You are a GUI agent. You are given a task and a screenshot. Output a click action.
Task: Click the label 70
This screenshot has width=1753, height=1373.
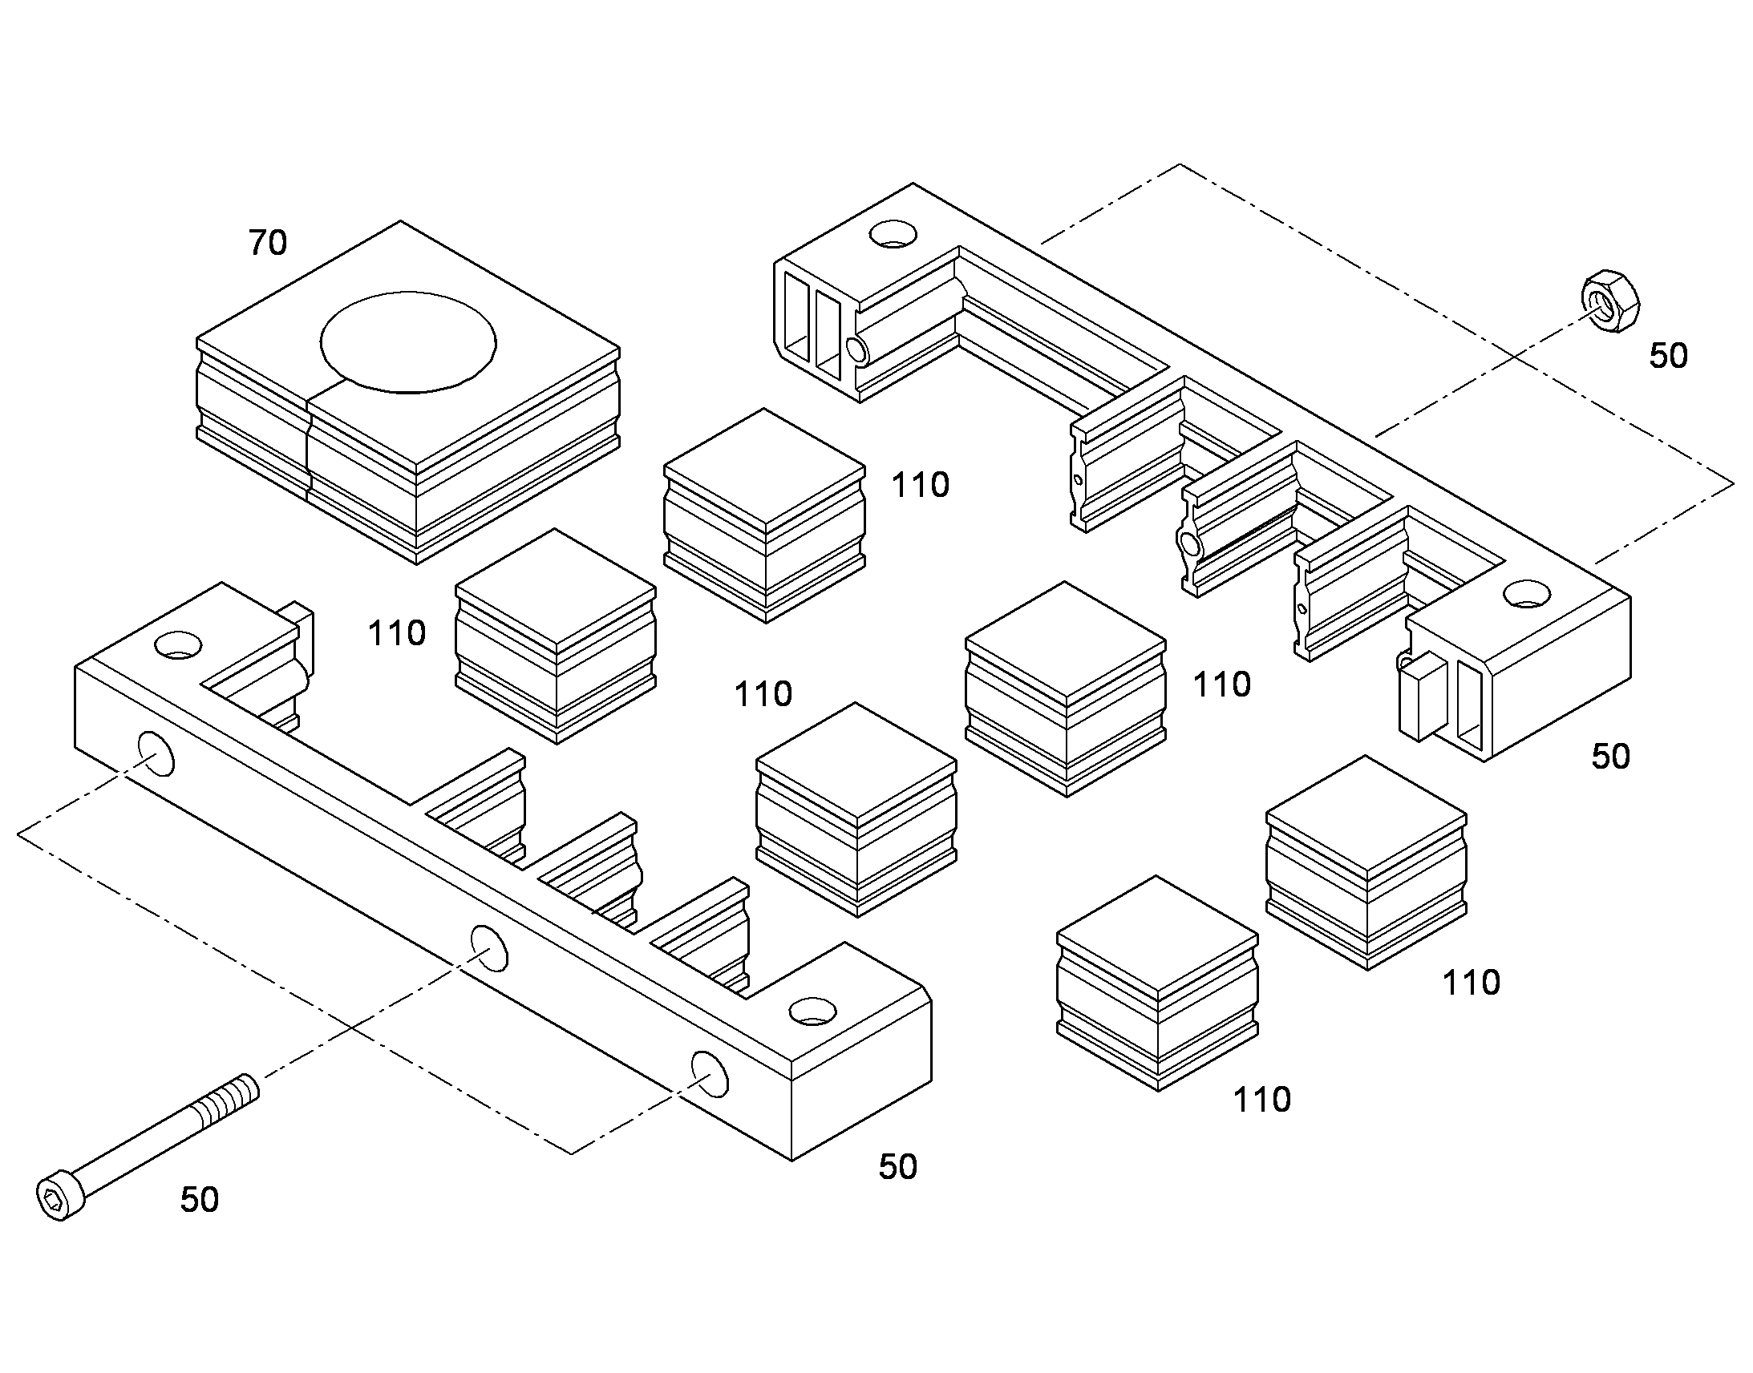click(268, 243)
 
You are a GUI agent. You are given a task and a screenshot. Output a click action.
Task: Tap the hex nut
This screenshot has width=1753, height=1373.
click(1611, 301)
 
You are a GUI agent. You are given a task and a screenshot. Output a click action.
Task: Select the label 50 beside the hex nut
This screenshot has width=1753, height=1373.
click(1669, 356)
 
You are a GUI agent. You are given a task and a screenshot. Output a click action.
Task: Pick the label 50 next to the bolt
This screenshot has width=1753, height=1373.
click(200, 1200)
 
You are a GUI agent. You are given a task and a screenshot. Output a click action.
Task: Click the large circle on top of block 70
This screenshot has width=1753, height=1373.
click(408, 342)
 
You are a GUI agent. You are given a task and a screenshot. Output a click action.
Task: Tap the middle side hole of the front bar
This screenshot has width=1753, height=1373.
click(489, 947)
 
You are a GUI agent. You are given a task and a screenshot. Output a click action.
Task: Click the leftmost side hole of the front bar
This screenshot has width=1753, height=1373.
click(156, 754)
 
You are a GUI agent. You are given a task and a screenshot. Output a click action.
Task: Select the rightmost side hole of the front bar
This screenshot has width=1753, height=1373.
click(710, 1074)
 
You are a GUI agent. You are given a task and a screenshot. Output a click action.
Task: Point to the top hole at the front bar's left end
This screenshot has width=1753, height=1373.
click(179, 644)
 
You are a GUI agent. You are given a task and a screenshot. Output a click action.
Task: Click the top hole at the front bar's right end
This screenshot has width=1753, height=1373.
click(812, 1012)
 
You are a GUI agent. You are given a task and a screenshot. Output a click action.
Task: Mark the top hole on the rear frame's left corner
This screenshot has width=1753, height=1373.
click(893, 234)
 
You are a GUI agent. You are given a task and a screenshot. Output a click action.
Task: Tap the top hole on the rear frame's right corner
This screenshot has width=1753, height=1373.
click(1527, 595)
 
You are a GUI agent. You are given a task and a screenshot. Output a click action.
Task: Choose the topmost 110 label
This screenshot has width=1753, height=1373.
click(921, 486)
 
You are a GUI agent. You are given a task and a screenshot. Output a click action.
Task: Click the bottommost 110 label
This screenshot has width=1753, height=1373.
click(1262, 1100)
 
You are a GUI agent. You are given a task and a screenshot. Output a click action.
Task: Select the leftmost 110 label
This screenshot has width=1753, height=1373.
click(396, 634)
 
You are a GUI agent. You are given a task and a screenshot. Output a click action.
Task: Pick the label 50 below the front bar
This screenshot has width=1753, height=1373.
click(898, 1167)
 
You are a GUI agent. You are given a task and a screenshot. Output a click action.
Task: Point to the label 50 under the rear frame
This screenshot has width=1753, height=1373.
click(1612, 757)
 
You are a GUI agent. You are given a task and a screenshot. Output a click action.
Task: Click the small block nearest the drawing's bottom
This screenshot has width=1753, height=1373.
click(1157, 983)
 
